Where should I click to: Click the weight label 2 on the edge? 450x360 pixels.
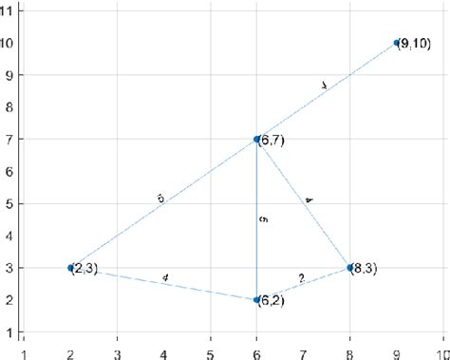click(x=302, y=278)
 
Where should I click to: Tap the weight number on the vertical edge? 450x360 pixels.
click(x=263, y=219)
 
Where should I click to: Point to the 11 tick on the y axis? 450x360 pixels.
click(x=9, y=9)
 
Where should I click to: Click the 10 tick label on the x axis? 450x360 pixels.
click(x=441, y=348)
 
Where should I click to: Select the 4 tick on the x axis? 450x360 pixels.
click(x=163, y=348)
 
